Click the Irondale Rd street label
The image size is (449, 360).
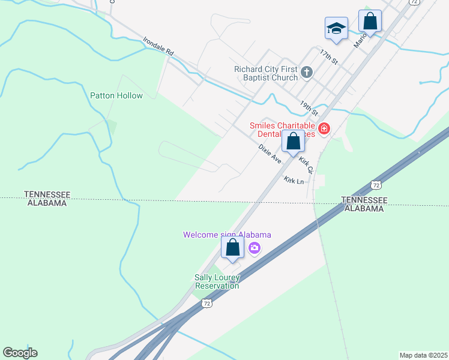coord(158,47)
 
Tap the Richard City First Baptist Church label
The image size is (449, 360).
coord(266,73)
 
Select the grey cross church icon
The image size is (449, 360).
coord(307,73)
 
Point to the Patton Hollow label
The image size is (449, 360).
coord(116,95)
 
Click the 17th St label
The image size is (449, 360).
coord(329,58)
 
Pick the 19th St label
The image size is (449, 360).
coord(309,107)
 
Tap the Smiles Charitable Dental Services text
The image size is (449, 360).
coord(282,130)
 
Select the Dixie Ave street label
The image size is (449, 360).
coord(270,154)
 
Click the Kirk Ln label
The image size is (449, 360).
coord(294,181)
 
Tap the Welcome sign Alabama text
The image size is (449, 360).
coord(228,235)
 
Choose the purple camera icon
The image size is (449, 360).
coord(255,247)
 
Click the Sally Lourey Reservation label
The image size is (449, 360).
coord(217,281)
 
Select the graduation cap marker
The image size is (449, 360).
coord(337,28)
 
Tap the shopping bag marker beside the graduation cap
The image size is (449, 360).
coord(370,21)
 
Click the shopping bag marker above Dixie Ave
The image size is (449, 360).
coord(294,142)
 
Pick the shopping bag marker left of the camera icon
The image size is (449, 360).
coord(232,247)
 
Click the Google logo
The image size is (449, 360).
coord(20,353)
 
